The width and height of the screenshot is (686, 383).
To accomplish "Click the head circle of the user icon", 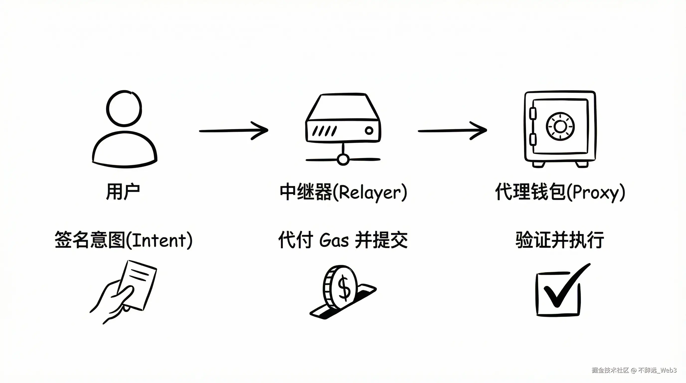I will pyautogui.click(x=124, y=109).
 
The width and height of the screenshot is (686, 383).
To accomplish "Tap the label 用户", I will pyautogui.click(x=123, y=191).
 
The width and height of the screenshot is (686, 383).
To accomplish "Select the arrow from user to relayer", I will pyautogui.click(x=234, y=130).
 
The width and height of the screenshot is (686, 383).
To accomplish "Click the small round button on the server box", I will pyautogui.click(x=369, y=130).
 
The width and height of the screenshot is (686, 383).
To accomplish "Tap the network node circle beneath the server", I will pyautogui.click(x=343, y=160).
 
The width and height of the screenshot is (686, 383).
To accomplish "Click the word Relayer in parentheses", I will pyautogui.click(x=370, y=192).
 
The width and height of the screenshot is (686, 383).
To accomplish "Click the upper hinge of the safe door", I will pyautogui.click(x=532, y=113).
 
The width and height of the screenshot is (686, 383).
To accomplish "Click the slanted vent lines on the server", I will pyautogui.click(x=324, y=131).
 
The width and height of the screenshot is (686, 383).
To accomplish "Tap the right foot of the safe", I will pyautogui.click(x=582, y=164).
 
